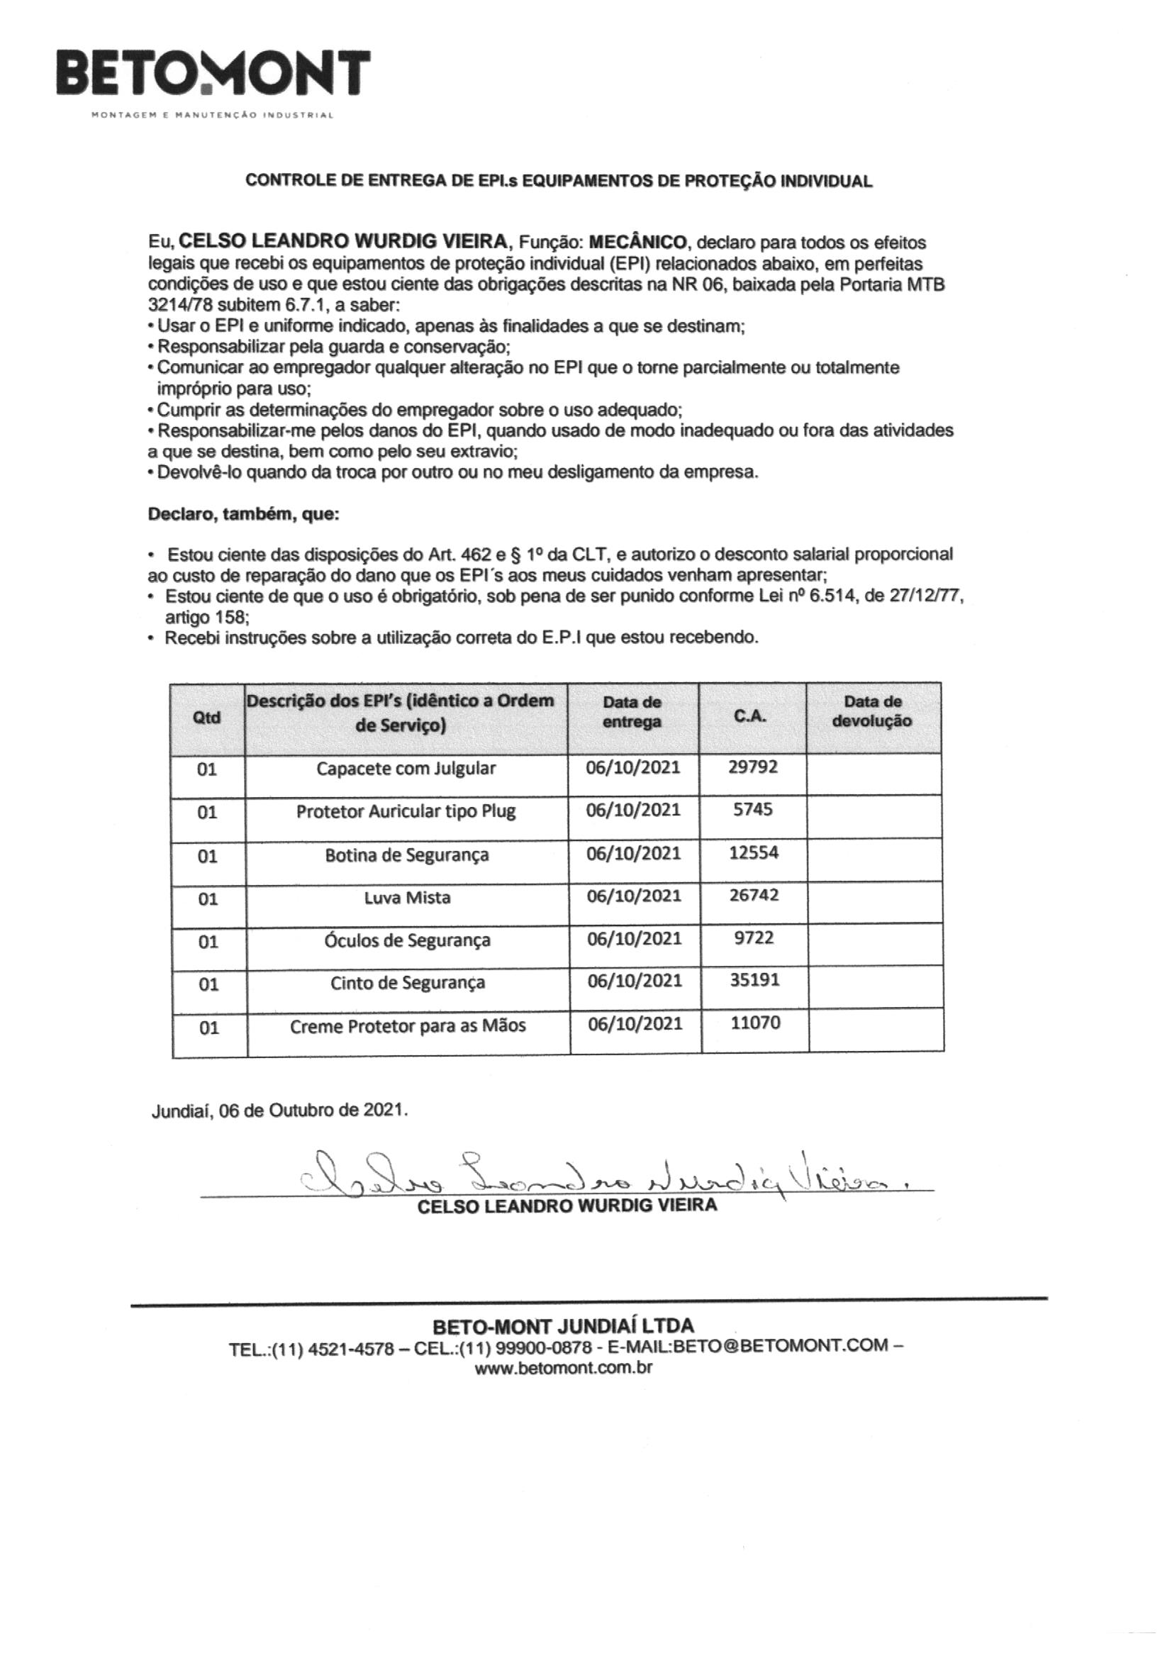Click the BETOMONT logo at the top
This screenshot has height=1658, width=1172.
pos(213,74)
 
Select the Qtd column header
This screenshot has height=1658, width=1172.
pos(206,717)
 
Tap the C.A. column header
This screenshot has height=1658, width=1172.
pos(752,716)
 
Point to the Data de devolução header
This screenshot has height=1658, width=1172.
pos(872,711)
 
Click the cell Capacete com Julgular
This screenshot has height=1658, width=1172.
pos(406,767)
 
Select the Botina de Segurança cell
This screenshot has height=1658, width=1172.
pos(406,855)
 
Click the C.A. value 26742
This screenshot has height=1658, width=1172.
pos(754,895)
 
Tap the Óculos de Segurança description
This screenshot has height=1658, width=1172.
pos(407,940)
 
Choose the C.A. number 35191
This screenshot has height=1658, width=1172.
pos(754,980)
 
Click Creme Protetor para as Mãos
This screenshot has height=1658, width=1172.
pos(408,1025)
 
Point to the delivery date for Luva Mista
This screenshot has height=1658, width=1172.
pos(633,896)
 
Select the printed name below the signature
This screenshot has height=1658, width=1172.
pos(567,1206)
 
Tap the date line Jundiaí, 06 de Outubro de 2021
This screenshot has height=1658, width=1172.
pos(279,1110)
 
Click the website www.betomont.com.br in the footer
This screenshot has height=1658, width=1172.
pos(563,1368)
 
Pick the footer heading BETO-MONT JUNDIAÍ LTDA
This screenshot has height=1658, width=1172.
pos(563,1327)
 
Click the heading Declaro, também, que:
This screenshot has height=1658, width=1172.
pos(243,514)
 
